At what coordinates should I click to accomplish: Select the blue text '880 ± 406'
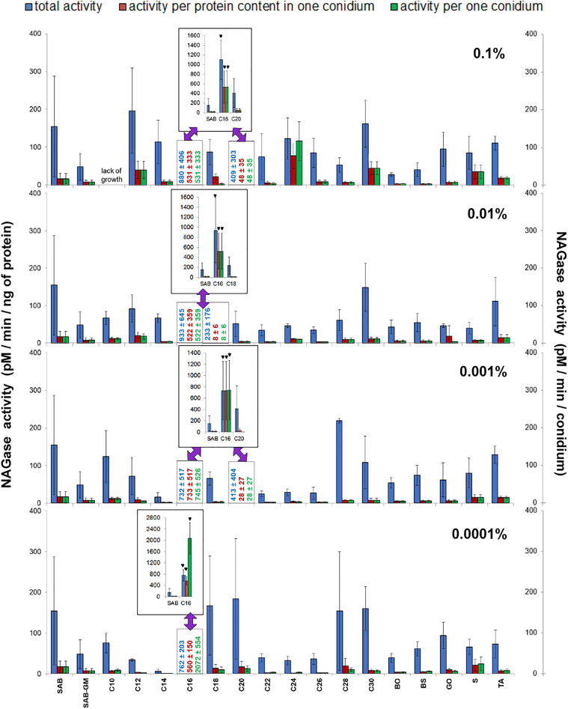[182, 162]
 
